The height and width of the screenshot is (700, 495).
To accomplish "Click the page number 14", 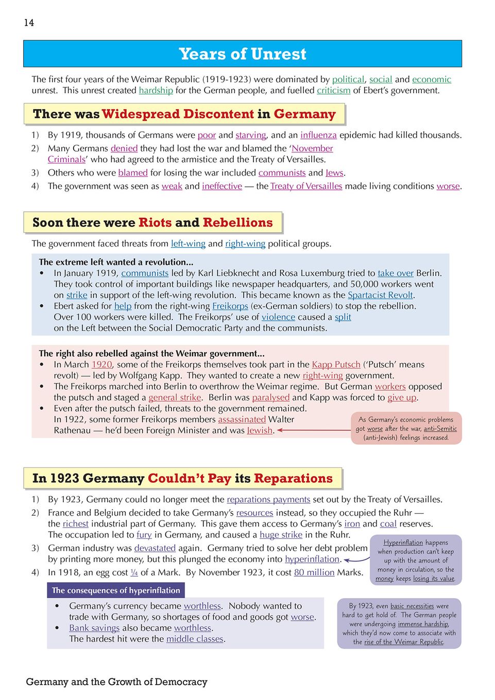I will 29,23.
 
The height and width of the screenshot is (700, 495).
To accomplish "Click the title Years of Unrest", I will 243,54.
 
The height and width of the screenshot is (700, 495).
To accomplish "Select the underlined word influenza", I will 318,135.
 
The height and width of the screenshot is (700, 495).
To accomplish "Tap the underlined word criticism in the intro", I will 333,91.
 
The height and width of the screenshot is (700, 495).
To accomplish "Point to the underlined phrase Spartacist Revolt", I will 380,295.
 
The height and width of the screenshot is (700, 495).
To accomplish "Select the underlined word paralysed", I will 270,398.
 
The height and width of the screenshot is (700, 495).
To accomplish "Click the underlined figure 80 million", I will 314,572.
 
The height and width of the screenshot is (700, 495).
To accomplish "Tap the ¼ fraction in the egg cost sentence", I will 134,572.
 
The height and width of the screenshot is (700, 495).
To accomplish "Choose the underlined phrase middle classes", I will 195,639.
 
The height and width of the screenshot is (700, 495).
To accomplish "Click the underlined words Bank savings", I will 94,628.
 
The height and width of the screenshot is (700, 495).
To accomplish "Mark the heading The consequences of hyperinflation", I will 116,590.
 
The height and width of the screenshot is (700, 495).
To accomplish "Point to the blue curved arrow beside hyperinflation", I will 356,559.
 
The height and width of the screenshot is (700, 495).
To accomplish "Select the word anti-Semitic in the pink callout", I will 440,429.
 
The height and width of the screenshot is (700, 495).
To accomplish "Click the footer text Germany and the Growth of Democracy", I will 116,682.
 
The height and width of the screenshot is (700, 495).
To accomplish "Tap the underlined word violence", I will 278,318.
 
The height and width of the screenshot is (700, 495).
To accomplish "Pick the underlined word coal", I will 388,524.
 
